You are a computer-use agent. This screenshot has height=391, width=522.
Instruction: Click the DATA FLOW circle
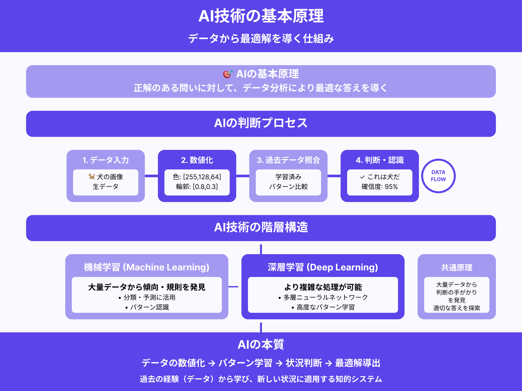(438, 176)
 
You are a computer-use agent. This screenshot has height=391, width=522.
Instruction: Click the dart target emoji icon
(228, 74)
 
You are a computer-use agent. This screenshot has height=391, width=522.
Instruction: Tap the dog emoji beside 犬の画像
(92, 177)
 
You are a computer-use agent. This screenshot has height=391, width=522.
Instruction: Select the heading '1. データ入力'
(106, 160)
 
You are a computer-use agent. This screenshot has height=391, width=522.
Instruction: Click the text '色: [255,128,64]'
(197, 177)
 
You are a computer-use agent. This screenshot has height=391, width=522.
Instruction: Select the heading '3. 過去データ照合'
(288, 160)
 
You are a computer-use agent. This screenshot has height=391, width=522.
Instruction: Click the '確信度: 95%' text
(380, 187)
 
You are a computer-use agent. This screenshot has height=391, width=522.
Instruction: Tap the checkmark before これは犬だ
(362, 177)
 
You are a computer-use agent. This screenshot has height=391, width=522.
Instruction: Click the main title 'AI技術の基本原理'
(261, 16)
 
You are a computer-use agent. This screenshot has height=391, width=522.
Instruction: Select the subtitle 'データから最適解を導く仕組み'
(261, 38)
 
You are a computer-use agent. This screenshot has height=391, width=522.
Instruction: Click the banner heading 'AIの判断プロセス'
(261, 123)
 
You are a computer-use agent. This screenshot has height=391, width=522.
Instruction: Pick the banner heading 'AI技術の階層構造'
(261, 227)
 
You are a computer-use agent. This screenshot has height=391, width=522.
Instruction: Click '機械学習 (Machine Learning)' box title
(147, 267)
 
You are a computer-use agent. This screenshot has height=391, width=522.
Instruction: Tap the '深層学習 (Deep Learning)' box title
(323, 267)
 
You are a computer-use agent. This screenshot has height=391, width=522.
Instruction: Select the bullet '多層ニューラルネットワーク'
(325, 297)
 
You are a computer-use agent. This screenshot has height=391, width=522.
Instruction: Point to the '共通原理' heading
(457, 268)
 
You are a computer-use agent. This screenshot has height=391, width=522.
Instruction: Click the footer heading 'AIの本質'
(261, 344)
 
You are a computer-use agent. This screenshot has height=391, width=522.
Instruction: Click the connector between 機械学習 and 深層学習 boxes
(234, 287)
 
